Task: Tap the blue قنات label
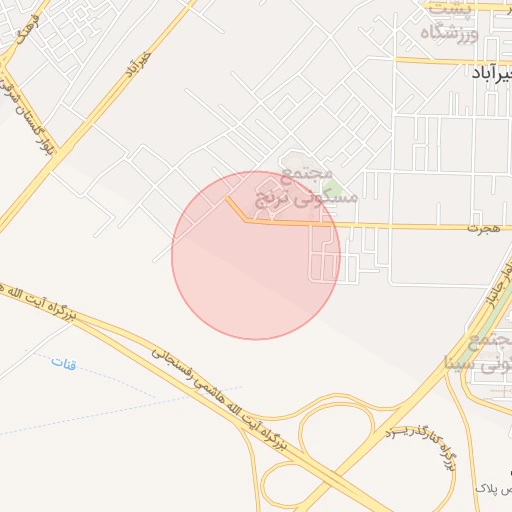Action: tap(63, 362)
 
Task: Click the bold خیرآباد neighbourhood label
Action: tap(491, 73)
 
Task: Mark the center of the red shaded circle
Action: tap(256, 255)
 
